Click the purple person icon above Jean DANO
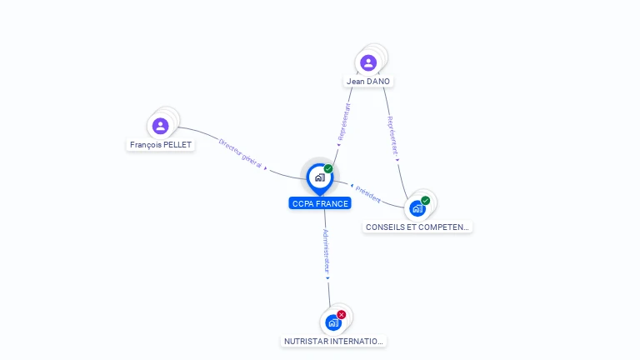tap(368, 62)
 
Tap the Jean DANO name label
tap(368, 82)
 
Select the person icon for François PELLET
tap(161, 126)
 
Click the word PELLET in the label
tap(177, 145)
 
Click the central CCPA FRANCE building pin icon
tap(319, 177)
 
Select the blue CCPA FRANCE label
tap(320, 203)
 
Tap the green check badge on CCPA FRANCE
tap(328, 169)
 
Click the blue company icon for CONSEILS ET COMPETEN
tap(417, 208)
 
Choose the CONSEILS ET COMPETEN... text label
tap(417, 227)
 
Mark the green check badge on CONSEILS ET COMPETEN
tap(426, 200)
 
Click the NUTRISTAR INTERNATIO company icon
tap(333, 322)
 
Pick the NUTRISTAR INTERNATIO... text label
tap(334, 342)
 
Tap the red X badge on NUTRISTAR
tap(342, 314)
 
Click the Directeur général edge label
tap(241, 154)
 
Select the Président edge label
tap(367, 194)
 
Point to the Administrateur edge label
tap(327, 252)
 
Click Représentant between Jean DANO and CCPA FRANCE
tap(343, 122)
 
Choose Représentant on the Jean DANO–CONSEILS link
tap(392, 136)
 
